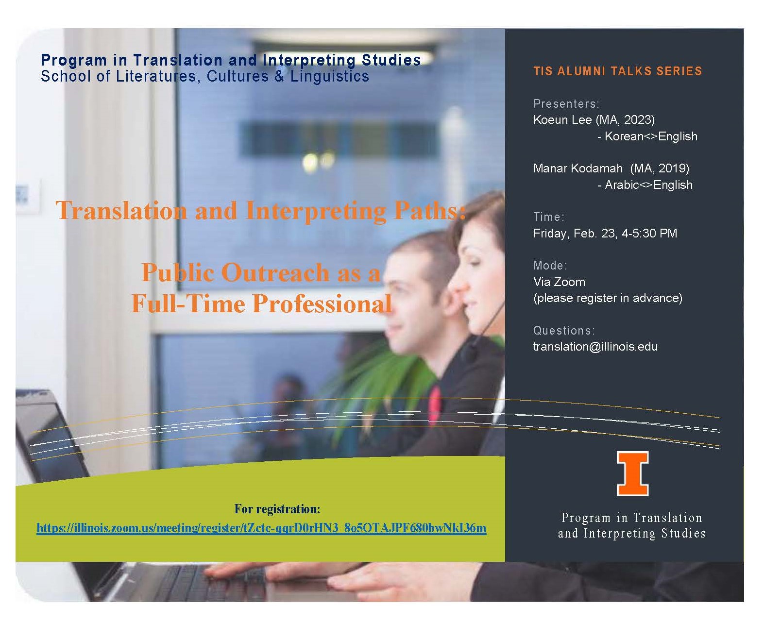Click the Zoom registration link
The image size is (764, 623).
[261, 528]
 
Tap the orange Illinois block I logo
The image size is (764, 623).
[632, 473]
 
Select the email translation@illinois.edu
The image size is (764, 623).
[595, 347]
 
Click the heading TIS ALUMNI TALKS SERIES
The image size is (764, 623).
[617, 71]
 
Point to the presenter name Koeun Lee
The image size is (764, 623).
[562, 120]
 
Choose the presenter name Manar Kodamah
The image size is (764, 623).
[577, 168]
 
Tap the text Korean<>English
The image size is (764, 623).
[651, 136]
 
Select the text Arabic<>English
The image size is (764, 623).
[648, 185]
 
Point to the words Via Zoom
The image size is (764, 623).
[559, 282]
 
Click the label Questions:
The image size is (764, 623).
[564, 331]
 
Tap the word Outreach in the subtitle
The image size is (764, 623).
[275, 272]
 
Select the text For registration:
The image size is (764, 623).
[277, 509]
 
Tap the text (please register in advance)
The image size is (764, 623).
[608, 298]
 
